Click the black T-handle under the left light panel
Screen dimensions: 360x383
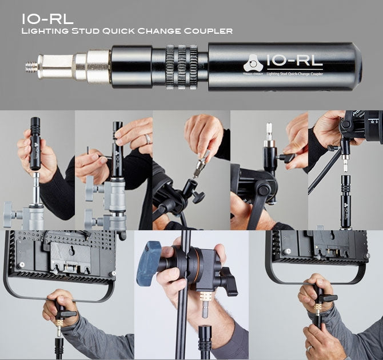click(x=63, y=311)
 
